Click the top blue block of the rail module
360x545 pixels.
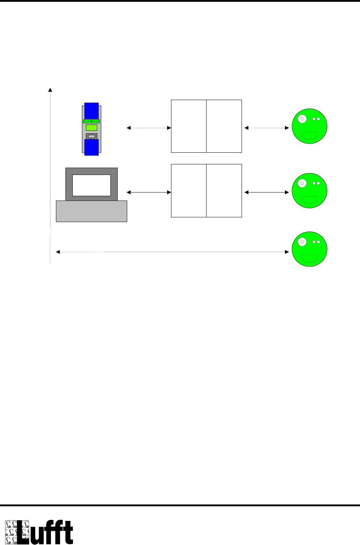(91, 110)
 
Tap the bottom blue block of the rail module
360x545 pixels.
(91, 147)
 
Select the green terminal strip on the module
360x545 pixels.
(91, 121)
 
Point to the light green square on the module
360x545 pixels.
(91, 127)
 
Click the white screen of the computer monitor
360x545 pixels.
(91, 185)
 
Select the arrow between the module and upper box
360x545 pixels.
(149, 128)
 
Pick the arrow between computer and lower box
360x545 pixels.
(149, 192)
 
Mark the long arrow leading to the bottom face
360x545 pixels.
(172, 252)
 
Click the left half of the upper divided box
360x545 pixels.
(189, 126)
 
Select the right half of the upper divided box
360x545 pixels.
(224, 126)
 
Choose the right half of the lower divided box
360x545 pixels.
(224, 191)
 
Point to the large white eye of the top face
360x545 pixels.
(302, 119)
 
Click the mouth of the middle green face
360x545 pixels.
(309, 199)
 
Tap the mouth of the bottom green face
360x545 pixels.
(309, 258)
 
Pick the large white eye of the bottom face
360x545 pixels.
(302, 242)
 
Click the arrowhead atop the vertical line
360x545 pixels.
(50, 89)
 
